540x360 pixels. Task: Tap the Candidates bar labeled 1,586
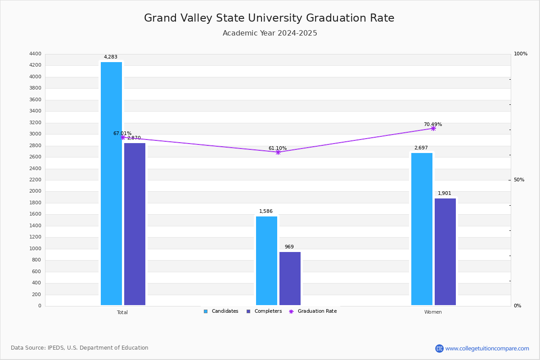tap(266, 261)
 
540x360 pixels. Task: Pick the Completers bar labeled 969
tap(290, 279)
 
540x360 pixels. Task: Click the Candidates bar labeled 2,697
tap(422, 229)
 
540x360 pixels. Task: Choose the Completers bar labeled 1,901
tap(445, 252)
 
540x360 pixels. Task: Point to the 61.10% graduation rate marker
tap(278, 152)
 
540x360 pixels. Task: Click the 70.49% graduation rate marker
tap(433, 128)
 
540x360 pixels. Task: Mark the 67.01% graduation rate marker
tap(123, 138)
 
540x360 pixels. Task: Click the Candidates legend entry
tap(221, 311)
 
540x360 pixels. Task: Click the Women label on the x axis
tap(433, 312)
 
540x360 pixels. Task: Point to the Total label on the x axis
tap(122, 312)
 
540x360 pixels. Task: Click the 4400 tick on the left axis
tap(35, 54)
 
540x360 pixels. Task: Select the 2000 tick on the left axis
tap(35, 191)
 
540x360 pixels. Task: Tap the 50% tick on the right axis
tap(519, 180)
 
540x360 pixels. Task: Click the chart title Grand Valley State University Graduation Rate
tap(269, 18)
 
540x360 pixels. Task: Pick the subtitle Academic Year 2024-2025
tap(270, 33)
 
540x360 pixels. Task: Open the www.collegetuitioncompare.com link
tap(487, 348)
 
